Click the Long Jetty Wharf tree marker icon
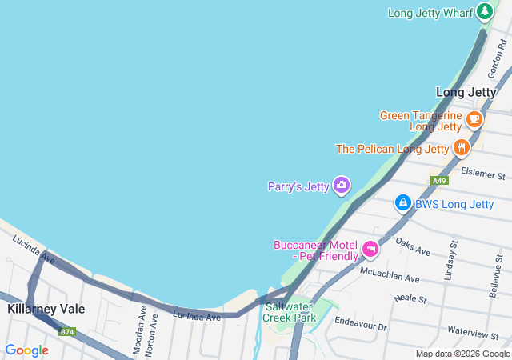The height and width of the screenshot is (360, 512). point(484,12)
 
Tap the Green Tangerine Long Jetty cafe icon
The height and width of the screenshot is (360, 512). point(474,120)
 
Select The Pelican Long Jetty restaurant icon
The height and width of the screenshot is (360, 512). point(462,148)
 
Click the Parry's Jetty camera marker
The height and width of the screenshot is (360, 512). point(342,186)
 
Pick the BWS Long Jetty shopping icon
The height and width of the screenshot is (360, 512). point(403,203)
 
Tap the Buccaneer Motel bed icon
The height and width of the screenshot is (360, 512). point(370,249)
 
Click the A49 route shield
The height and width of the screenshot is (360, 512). point(438,181)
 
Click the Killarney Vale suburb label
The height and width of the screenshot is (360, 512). point(46,308)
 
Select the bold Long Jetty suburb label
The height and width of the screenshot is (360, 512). point(466,92)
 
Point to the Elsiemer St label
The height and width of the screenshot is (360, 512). point(484,174)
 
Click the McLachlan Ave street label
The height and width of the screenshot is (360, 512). point(390,275)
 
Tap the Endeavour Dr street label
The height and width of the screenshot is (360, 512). point(360,326)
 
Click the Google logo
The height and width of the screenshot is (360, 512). point(26,350)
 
